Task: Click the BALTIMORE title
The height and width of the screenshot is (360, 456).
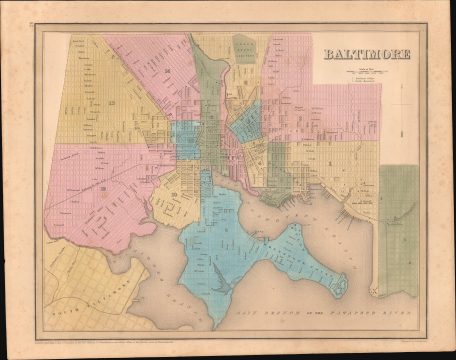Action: [367, 53]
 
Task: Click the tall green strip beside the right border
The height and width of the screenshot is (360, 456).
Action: [398, 225]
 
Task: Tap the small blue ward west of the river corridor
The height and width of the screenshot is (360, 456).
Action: [186, 140]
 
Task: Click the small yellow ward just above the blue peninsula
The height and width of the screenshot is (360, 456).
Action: [178, 195]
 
